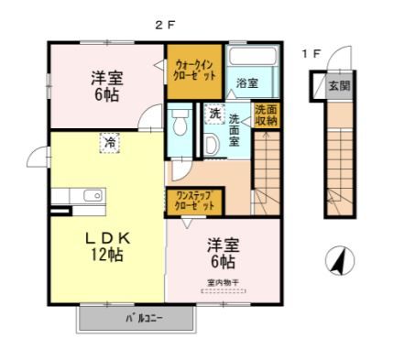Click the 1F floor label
point(311,54)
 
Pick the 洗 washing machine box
point(213,115)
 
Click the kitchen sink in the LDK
point(92,195)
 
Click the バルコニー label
point(138,320)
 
